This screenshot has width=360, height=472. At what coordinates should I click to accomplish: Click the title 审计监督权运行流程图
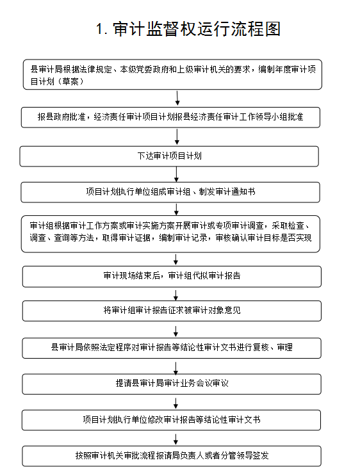(x=197, y=29)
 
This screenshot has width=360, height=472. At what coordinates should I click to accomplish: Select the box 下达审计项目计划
(x=169, y=156)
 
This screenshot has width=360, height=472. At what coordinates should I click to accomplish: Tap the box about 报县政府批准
(x=170, y=117)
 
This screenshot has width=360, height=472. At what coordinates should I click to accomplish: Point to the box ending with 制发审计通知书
(x=170, y=192)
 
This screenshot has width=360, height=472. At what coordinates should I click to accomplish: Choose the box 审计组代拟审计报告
(x=172, y=276)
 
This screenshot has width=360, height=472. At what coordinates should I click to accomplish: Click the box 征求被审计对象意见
(x=172, y=311)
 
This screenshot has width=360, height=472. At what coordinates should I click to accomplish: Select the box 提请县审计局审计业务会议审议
(x=172, y=384)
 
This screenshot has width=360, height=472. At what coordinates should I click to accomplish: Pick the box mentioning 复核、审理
(x=172, y=348)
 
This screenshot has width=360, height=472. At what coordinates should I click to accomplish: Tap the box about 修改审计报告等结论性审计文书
(x=171, y=420)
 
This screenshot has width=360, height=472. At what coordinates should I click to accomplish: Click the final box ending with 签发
(x=172, y=456)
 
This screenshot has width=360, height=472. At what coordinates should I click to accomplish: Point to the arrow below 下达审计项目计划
(x=177, y=174)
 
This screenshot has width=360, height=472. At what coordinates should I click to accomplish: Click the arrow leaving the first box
(x=177, y=98)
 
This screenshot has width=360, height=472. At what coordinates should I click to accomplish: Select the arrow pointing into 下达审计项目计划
(x=177, y=137)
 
